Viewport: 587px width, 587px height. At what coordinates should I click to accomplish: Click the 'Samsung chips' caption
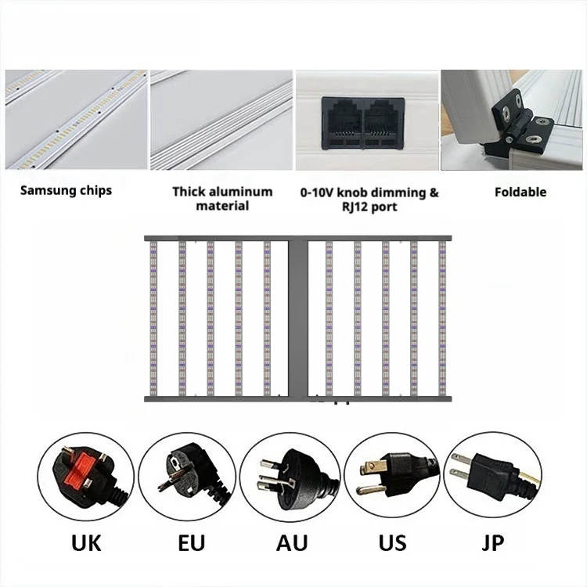pyautogui.click(x=66, y=190)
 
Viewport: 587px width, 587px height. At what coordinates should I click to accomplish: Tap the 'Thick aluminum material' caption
pyautogui.click(x=222, y=198)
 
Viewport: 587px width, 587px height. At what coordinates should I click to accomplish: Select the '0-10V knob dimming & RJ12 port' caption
pyautogui.click(x=369, y=199)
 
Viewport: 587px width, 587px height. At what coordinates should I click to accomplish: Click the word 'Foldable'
pyautogui.click(x=520, y=192)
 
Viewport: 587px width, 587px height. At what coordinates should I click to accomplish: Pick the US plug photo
pyautogui.click(x=392, y=476)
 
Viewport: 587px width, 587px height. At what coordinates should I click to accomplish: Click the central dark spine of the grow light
pyautogui.click(x=298, y=317)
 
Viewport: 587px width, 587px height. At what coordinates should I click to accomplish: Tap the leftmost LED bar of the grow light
pyautogui.click(x=153, y=317)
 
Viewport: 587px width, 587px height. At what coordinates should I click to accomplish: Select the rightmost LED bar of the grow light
pyautogui.click(x=441, y=317)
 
